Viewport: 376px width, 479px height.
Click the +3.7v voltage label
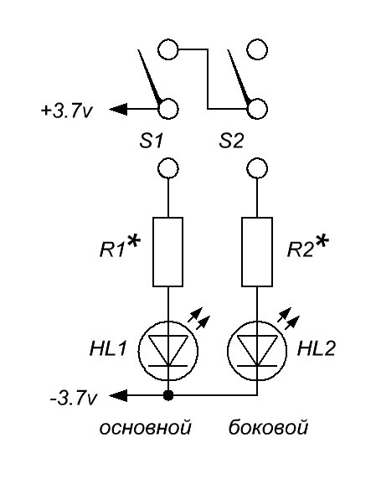pos(66,111)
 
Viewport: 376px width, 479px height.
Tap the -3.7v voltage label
pos(74,399)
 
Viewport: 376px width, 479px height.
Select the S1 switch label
pos(151,142)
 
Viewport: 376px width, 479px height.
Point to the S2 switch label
pos(231,142)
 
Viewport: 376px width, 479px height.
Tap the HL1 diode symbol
pos(167,350)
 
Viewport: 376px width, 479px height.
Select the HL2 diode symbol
pos(257,350)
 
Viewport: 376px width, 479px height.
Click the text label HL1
pos(108,348)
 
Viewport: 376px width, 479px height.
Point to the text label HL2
pos(317,348)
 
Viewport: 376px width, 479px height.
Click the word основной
pos(146,427)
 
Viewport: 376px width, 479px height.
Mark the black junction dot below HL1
pos(168,395)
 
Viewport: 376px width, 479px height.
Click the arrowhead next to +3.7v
pos(118,109)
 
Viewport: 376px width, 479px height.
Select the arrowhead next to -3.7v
pos(118,395)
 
